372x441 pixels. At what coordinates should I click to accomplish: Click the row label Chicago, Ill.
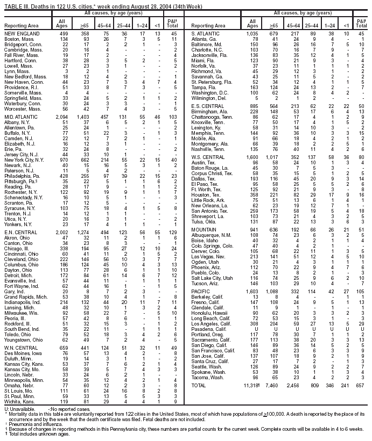[16, 248]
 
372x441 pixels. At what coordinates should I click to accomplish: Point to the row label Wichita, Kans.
[18, 401]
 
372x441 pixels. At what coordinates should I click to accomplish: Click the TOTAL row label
[200, 386]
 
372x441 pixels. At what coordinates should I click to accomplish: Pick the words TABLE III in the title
[13, 3]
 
